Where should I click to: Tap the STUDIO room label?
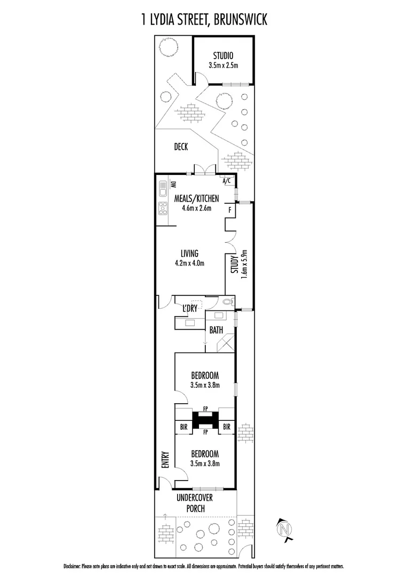pyautogui.click(x=223, y=56)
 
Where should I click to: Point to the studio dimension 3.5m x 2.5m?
pyautogui.click(x=223, y=66)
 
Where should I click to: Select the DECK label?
pyautogui.click(x=181, y=147)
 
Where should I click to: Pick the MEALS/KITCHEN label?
pyautogui.click(x=196, y=198)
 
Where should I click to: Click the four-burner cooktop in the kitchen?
pyautogui.click(x=163, y=208)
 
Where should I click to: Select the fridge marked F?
pyautogui.click(x=230, y=210)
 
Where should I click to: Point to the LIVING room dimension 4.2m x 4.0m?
pyautogui.click(x=189, y=262)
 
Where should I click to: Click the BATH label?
pyautogui.click(x=216, y=330)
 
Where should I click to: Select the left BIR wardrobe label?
pyautogui.click(x=183, y=427)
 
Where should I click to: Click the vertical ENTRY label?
pyautogui.click(x=165, y=460)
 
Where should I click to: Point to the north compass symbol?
pyautogui.click(x=285, y=529)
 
